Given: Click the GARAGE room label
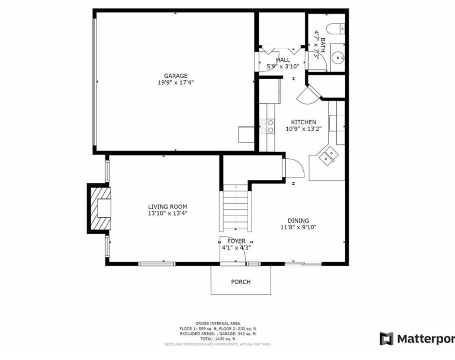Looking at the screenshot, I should (x=175, y=76).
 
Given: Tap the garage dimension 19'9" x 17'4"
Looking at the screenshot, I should (x=175, y=83).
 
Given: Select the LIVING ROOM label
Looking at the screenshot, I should (x=167, y=207).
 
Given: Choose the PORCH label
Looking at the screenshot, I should (x=241, y=282).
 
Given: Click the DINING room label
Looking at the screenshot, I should (x=298, y=221).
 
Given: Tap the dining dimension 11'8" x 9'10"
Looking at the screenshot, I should (x=298, y=227).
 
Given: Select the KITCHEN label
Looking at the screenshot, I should (x=303, y=122).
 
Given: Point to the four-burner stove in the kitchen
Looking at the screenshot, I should (x=267, y=126).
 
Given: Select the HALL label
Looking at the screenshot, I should (x=283, y=60).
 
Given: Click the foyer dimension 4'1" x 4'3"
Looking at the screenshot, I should (x=236, y=248).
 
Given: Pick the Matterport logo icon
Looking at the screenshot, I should (x=386, y=339).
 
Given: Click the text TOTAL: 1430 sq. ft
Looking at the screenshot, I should (x=218, y=339).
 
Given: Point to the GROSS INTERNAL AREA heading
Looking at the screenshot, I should (x=218, y=323).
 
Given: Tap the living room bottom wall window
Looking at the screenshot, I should (x=157, y=264).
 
